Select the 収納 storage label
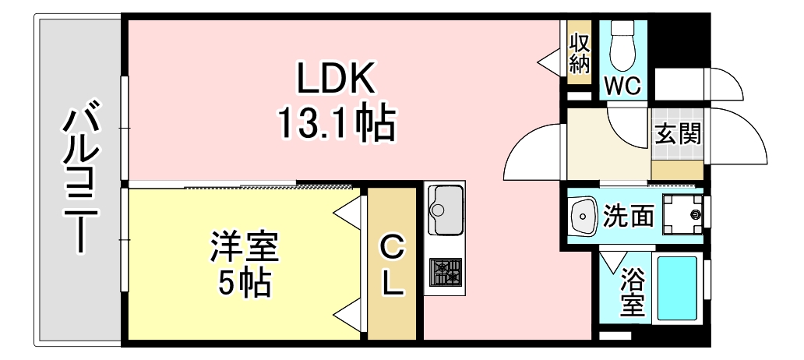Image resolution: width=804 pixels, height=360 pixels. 578,53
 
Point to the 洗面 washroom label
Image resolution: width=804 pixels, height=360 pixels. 629,215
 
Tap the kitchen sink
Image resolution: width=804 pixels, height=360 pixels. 445,210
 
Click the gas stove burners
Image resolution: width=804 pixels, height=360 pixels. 445,273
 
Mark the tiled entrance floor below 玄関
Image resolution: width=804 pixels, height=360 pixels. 677,168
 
